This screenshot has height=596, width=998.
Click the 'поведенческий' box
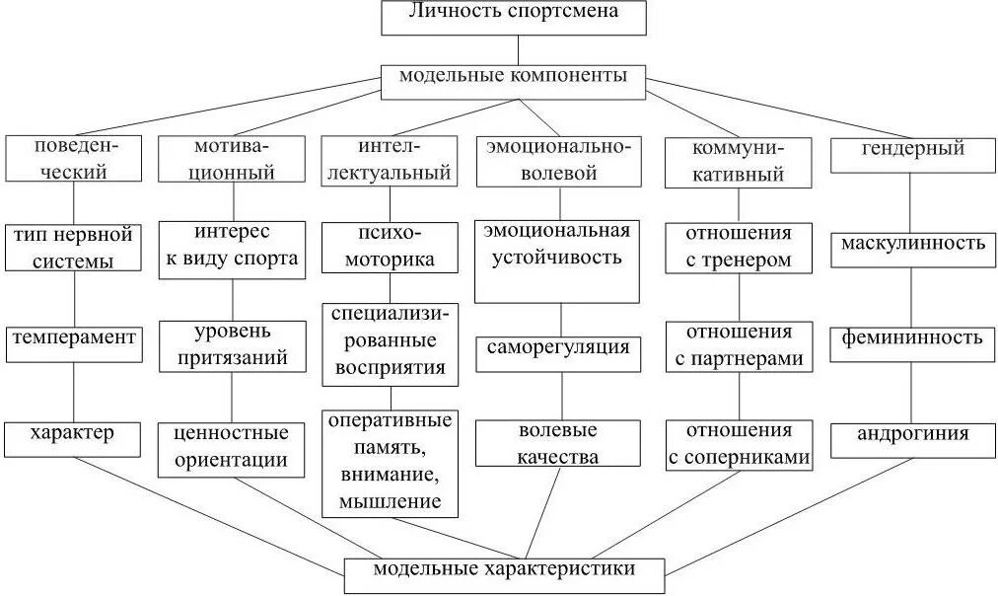[75, 158]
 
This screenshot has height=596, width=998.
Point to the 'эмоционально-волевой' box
[559, 160]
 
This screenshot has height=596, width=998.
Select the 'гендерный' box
[912, 158]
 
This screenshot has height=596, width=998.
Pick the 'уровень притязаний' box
[233, 345]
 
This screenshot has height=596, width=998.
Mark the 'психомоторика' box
[390, 248]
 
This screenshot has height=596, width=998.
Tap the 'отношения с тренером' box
[739, 247]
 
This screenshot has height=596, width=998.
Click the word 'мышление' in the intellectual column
[390, 501]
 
